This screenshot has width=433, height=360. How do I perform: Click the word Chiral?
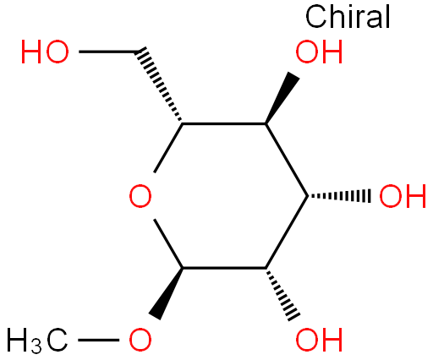348,16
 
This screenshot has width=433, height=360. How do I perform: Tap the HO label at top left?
45,52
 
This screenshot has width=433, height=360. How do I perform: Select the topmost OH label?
319,52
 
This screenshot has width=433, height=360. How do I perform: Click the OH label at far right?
403,196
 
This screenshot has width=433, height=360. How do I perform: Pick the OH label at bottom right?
319,340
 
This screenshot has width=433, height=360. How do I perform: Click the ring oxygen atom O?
140,196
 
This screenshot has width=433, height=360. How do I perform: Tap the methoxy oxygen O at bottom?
140,340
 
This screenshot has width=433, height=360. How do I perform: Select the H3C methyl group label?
37,341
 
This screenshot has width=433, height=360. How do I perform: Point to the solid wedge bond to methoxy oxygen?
167,294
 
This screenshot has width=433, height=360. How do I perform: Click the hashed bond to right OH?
339,196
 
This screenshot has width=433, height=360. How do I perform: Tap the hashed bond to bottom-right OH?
282,294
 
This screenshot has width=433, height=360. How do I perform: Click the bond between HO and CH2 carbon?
108,52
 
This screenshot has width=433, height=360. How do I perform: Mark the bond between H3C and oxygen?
98,340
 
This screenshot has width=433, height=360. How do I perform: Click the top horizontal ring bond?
224,123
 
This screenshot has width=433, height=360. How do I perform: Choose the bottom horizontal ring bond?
224,268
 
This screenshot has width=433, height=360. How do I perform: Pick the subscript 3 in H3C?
36,347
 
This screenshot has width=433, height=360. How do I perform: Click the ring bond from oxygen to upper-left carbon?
168,148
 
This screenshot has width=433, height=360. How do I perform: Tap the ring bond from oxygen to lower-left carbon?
168,243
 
